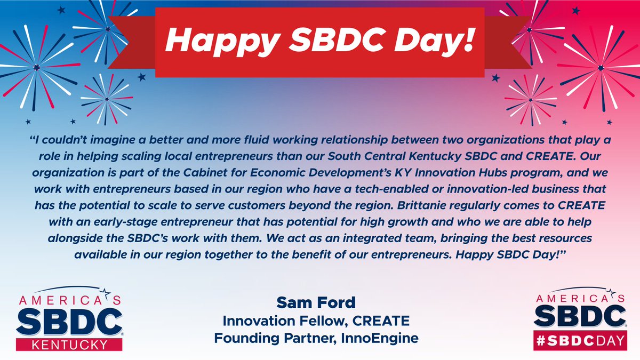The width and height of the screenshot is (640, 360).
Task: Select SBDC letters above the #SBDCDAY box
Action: click(580, 317)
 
